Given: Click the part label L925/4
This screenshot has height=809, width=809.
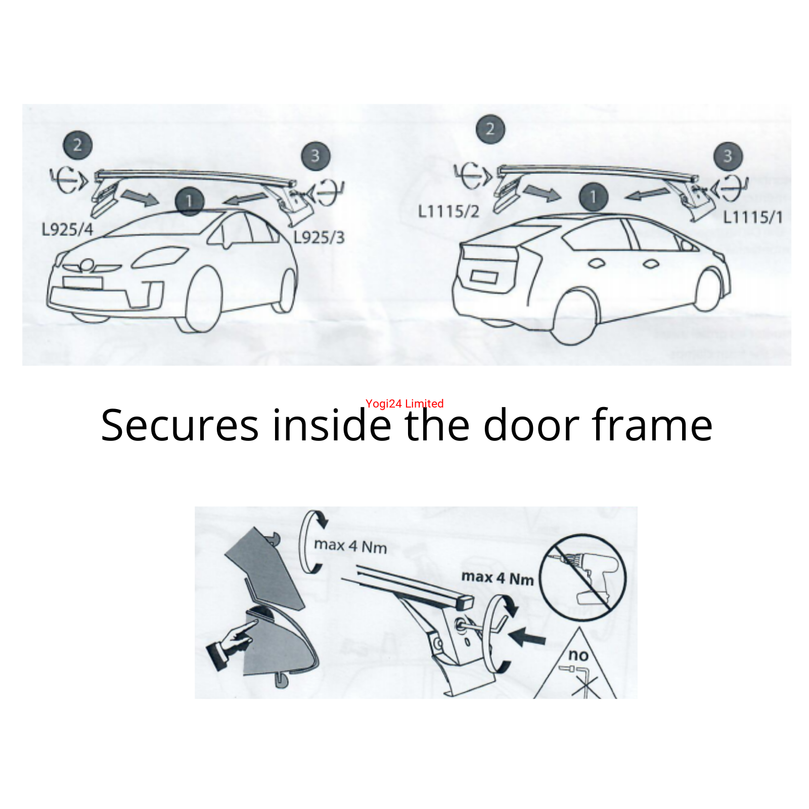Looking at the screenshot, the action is coord(67,230).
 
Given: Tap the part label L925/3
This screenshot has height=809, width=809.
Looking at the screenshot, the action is coord(319,237).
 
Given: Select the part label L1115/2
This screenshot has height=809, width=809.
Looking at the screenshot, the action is coord(448,211).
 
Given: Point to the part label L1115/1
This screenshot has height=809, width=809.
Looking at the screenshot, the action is coord(753,217).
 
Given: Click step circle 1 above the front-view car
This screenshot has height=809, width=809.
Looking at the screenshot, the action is coord(190,201).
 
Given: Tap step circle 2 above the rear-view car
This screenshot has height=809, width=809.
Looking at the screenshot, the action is coord(490,129).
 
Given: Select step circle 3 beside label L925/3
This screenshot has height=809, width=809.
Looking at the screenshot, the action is coord(316,156).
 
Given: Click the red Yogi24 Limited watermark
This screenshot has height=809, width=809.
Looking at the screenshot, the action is coord(404,403).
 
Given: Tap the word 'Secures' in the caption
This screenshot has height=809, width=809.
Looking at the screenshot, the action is coord(180,425).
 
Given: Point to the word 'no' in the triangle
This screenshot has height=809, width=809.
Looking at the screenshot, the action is coord(578,655).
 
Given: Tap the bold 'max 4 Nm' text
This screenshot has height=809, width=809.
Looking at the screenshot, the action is coord(498,577).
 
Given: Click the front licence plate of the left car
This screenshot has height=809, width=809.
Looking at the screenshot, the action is coord(83,283).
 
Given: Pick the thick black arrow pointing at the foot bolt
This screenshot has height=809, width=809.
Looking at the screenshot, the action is coord(527,637).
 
